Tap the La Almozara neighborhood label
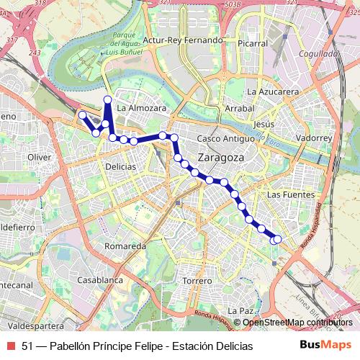(x=141, y=108)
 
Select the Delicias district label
(x=120, y=166)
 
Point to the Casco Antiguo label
(x=225, y=138)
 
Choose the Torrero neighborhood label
(x=197, y=280)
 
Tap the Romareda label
(x=125, y=246)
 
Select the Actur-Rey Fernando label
(x=183, y=40)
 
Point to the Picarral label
(x=252, y=43)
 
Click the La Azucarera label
(x=272, y=92)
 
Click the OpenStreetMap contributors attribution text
(x=297, y=323)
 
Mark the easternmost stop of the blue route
(x=277, y=239)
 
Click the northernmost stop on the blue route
(x=107, y=99)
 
